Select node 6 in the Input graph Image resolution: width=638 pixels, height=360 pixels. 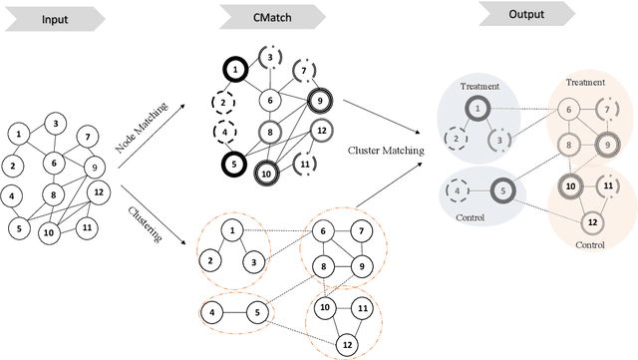click(56, 162)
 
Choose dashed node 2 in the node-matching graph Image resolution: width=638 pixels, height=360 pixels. click(226, 101)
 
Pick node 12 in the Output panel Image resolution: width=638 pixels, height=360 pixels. click(593, 220)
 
